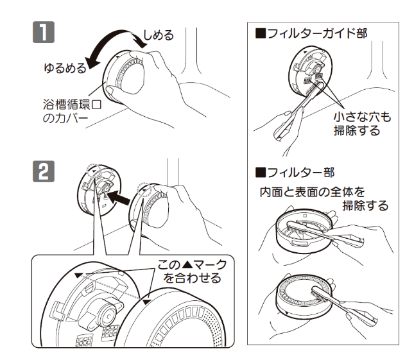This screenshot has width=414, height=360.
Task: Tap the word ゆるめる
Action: point(64,67)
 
